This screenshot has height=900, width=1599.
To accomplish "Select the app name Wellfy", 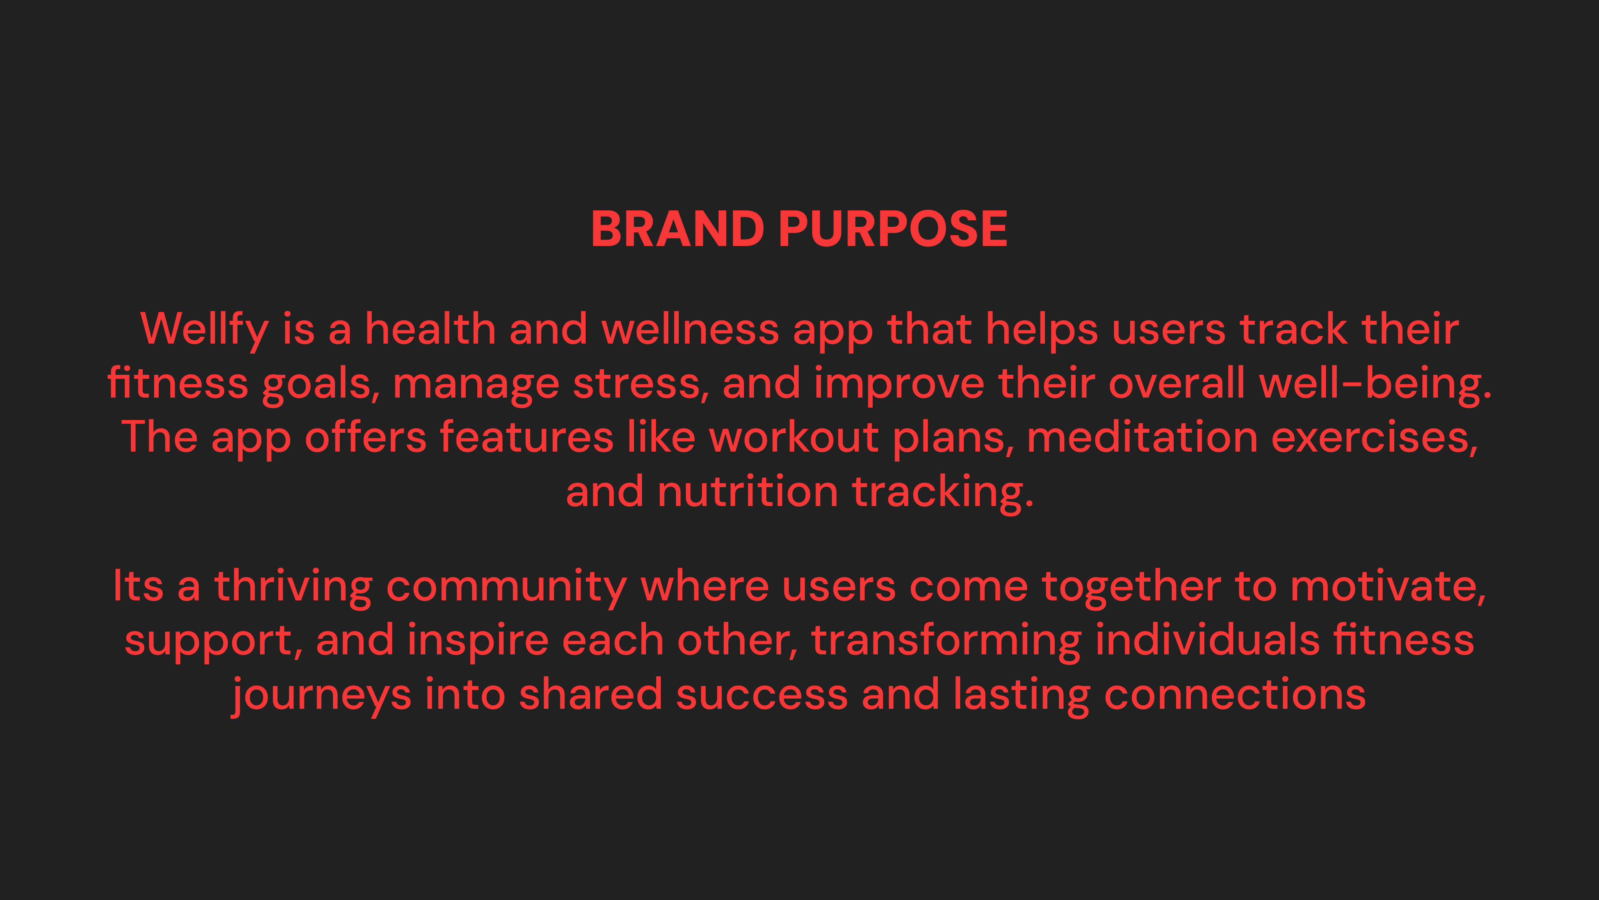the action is click(205, 330).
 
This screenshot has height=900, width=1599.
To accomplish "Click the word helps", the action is click(1042, 330).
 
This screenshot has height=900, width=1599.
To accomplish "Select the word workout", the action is click(794, 437).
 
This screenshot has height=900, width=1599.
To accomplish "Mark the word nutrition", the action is click(748, 491).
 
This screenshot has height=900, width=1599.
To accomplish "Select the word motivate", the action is click(1388, 587).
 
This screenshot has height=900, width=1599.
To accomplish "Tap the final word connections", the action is click(1235, 694).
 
